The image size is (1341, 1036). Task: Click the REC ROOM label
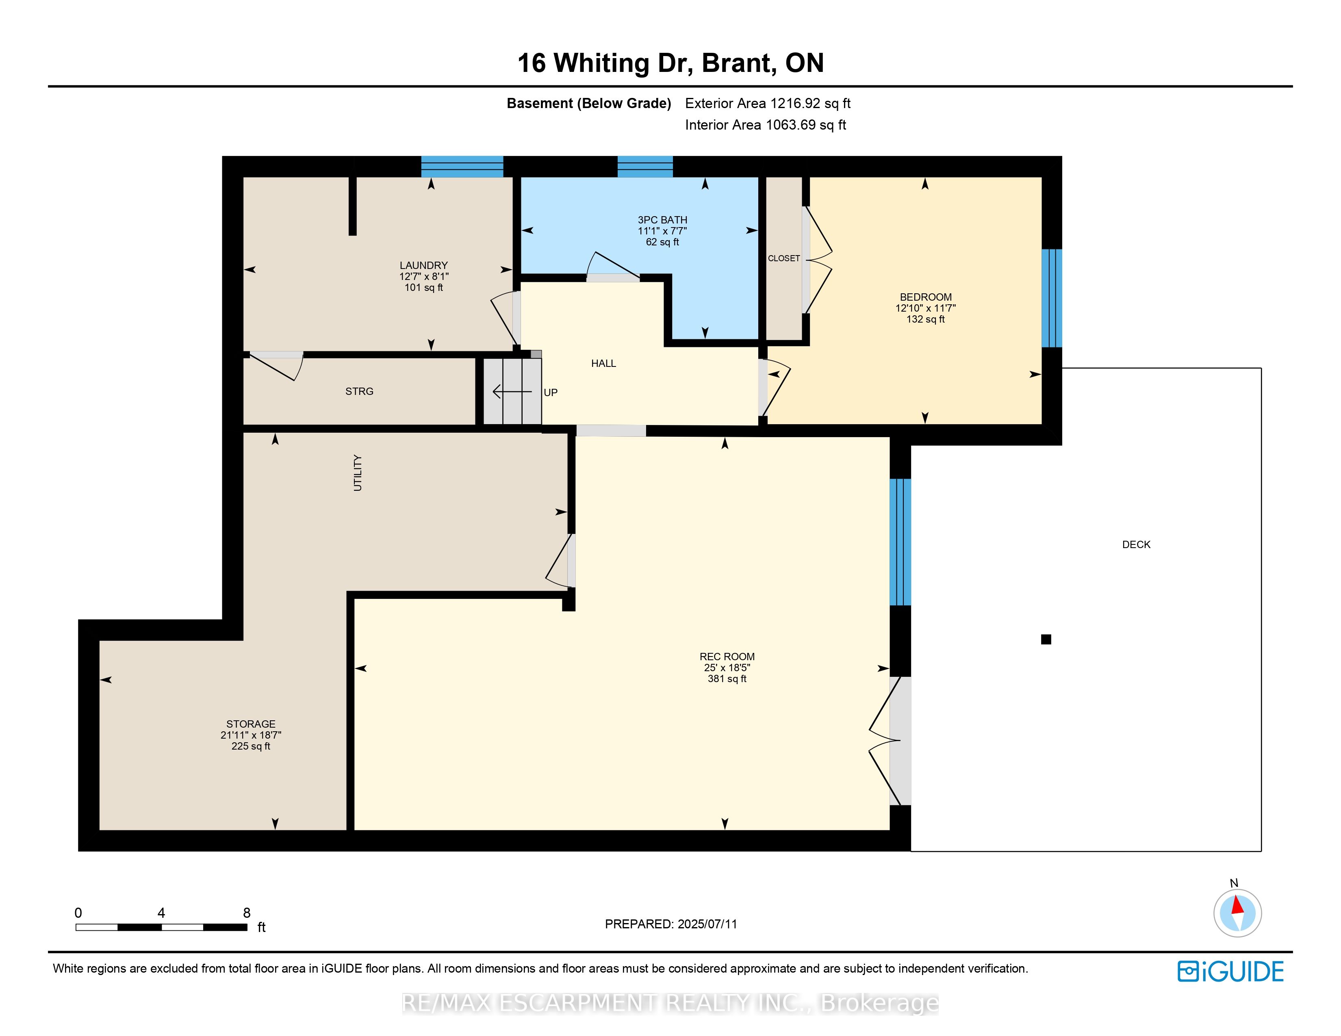click(727, 657)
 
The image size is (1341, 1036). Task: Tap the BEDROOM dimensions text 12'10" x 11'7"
click(925, 308)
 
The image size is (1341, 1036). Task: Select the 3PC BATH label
click(662, 220)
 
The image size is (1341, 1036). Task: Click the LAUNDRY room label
click(424, 265)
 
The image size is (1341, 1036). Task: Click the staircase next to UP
click(512, 392)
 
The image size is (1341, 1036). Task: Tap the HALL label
click(603, 363)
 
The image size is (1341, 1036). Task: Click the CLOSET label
click(783, 258)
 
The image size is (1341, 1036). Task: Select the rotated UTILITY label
click(357, 472)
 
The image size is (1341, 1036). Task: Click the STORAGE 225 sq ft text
click(250, 746)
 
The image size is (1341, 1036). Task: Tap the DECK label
click(1136, 544)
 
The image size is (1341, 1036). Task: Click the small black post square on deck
click(1046, 639)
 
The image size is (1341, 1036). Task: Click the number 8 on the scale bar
click(247, 912)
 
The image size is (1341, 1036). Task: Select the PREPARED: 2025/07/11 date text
click(670, 924)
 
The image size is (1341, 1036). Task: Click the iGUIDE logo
click(1230, 971)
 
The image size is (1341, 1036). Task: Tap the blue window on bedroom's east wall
click(1052, 298)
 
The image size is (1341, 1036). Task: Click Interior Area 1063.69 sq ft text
click(765, 125)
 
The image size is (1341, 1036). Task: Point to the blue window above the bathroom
click(645, 167)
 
